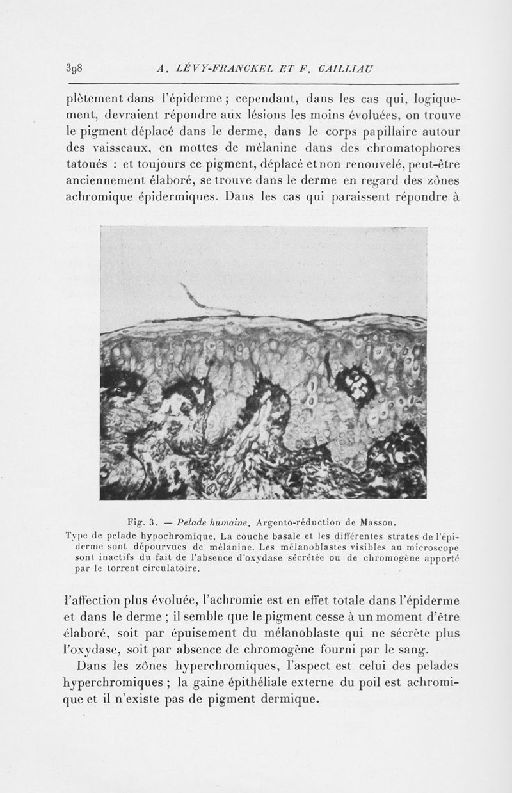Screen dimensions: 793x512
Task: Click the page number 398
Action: pyautogui.click(x=75, y=68)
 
